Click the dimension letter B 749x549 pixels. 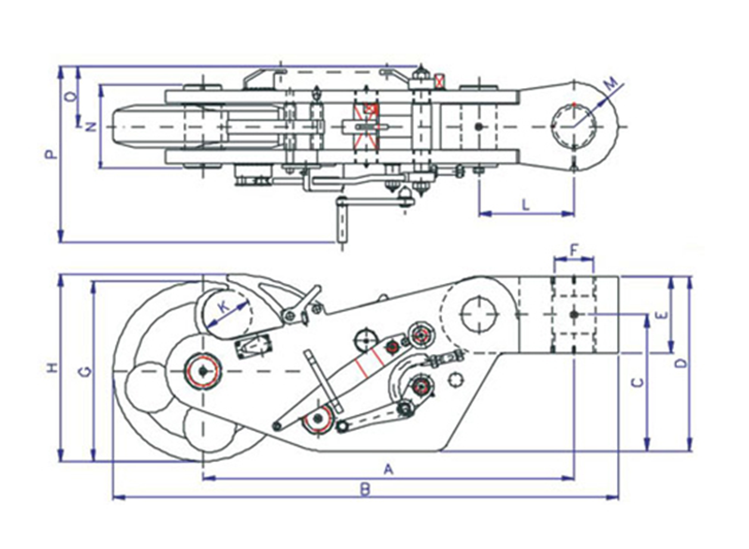(367, 487)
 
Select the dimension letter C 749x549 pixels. (636, 382)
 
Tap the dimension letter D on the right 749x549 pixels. (680, 362)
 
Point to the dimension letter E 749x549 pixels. (660, 316)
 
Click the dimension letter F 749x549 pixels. (573, 250)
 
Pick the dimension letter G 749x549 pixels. (82, 373)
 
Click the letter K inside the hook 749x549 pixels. (223, 306)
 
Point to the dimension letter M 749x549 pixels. (612, 86)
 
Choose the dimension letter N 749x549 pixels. (90, 126)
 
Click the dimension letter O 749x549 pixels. (69, 96)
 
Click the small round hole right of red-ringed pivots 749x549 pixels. (456, 378)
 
